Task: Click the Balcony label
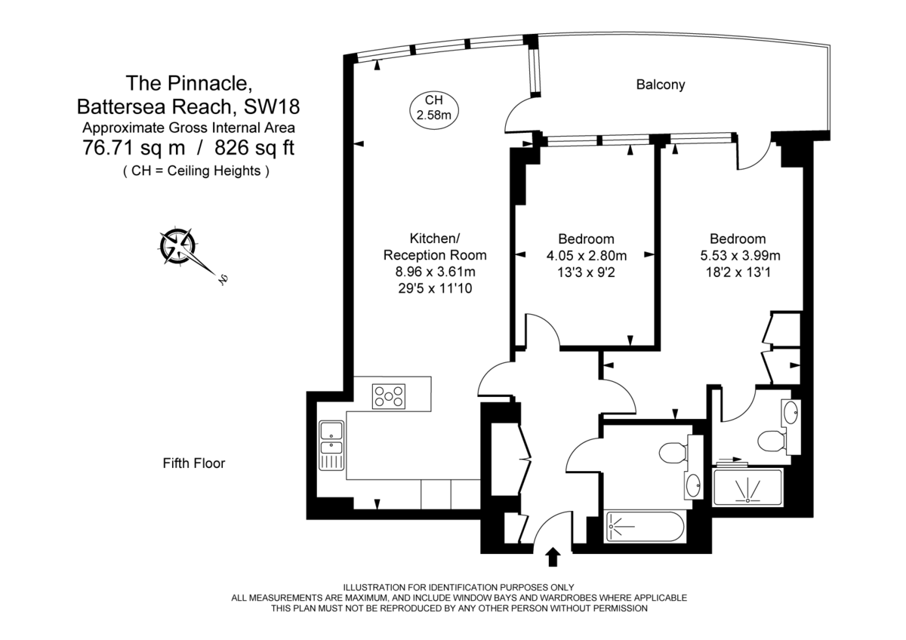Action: [661, 85]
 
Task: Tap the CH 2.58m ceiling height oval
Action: [433, 107]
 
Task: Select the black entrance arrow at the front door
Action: [553, 557]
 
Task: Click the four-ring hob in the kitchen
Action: [388, 395]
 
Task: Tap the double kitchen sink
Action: [331, 445]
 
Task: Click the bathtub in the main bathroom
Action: [646, 527]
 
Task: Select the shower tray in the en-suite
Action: [748, 487]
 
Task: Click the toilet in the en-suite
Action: [770, 440]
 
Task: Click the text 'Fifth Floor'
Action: [194, 463]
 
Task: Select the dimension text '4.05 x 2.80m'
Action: [587, 255]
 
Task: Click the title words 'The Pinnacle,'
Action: [183, 82]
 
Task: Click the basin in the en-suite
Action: [790, 412]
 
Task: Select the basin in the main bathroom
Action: [692, 485]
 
